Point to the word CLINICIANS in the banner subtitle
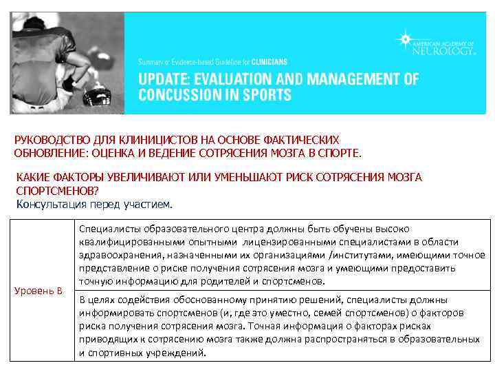[x=269, y=61]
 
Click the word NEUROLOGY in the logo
[x=443, y=50]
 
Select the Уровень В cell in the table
[x=38, y=290]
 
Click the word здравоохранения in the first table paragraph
[x=120, y=255]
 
